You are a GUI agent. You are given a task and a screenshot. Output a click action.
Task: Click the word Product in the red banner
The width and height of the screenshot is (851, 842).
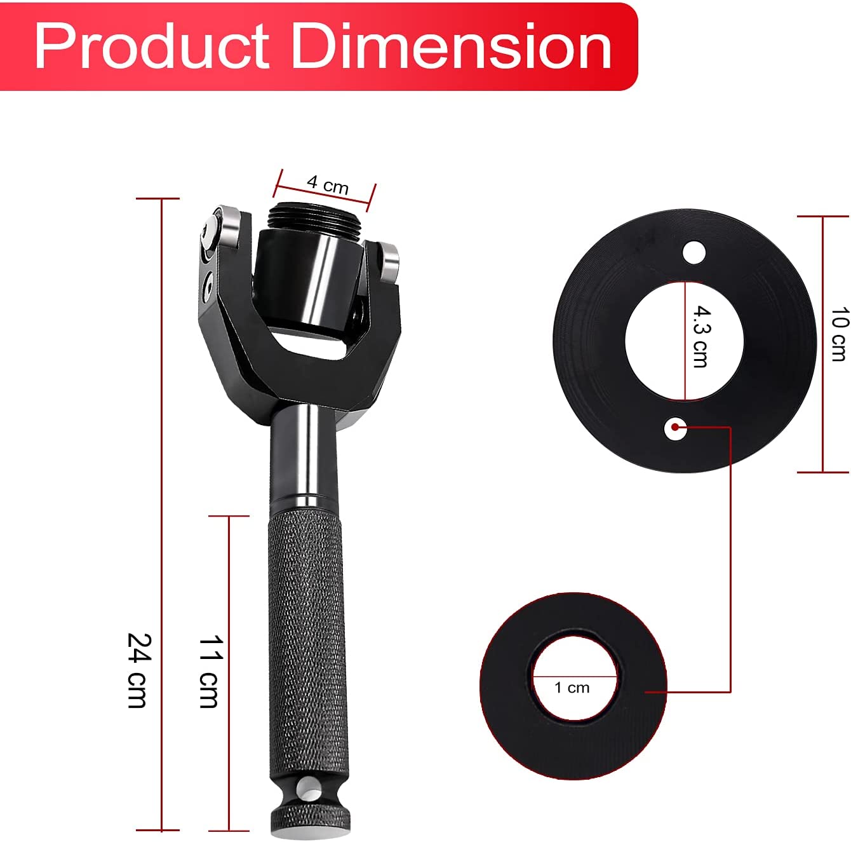[152, 46]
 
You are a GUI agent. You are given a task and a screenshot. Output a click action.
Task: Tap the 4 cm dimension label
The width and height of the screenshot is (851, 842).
[328, 185]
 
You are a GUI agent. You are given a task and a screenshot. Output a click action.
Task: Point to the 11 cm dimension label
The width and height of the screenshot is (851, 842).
[211, 672]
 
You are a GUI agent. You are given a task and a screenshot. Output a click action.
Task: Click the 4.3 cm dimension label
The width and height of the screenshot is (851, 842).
[701, 336]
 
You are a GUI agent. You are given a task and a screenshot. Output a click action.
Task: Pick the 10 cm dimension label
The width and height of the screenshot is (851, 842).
[840, 334]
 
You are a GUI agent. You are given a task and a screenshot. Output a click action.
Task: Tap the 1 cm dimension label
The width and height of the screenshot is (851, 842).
[572, 688]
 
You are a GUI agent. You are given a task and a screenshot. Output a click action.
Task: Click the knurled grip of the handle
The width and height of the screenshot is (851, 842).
[307, 648]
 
